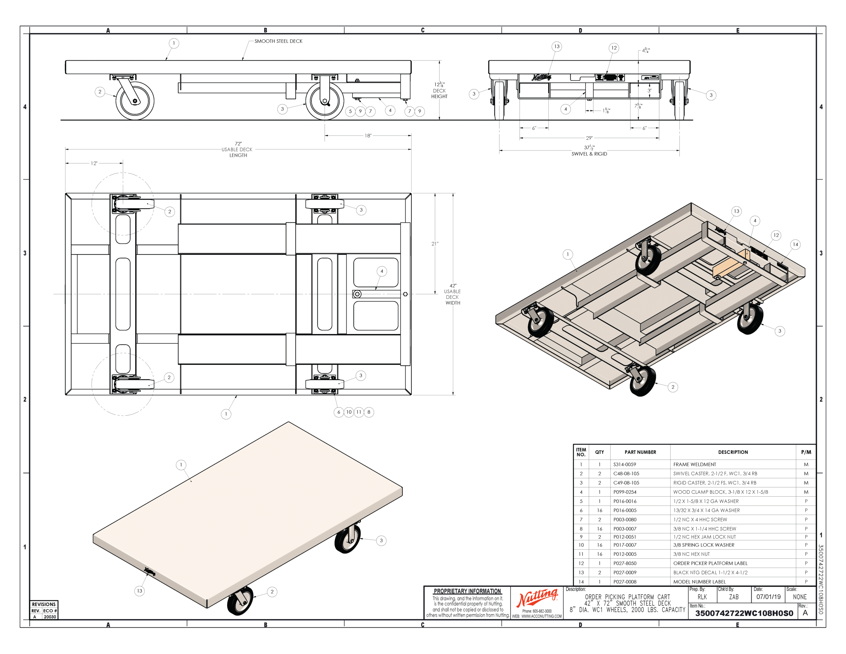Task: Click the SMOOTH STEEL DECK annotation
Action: pos(278,41)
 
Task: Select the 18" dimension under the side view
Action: pos(367,136)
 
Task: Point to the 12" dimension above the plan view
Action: pos(94,163)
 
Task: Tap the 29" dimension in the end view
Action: pos(589,138)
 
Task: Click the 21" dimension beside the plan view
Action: pos(435,244)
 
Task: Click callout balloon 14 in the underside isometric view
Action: pos(795,244)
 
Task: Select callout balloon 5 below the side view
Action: pos(350,112)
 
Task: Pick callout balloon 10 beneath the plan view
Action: pos(349,412)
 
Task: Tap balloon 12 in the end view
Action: pos(614,48)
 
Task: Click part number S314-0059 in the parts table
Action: pos(625,465)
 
